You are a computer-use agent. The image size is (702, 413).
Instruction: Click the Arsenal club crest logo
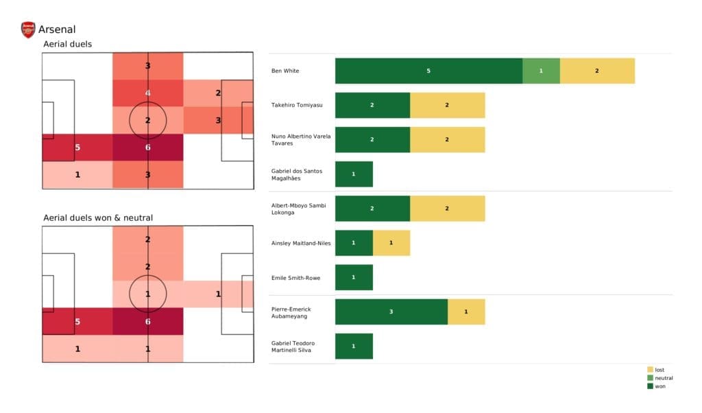point(28,29)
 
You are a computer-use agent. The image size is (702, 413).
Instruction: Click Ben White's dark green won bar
point(428,71)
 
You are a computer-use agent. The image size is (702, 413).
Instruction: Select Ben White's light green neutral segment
point(541,71)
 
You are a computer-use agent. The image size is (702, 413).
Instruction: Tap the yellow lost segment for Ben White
point(596,71)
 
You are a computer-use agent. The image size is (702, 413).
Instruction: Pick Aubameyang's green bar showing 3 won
point(391,311)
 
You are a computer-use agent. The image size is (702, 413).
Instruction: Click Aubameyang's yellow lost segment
point(466,311)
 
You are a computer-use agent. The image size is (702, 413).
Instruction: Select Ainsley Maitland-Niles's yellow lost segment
point(391,243)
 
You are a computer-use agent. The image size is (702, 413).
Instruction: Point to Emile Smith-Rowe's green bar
point(354,277)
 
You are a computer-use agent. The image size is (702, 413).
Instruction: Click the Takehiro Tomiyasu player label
point(297,105)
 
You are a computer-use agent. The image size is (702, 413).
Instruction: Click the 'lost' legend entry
point(659,370)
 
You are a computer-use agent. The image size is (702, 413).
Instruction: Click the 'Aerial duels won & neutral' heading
point(97,218)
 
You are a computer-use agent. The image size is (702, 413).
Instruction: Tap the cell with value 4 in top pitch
point(147,93)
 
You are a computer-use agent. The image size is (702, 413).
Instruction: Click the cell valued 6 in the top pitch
point(147,147)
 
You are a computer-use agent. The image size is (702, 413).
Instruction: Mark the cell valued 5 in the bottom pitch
point(77,321)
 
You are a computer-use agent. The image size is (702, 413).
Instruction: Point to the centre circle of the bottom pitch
point(147,294)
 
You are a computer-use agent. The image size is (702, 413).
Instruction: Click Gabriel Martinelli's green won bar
point(354,346)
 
